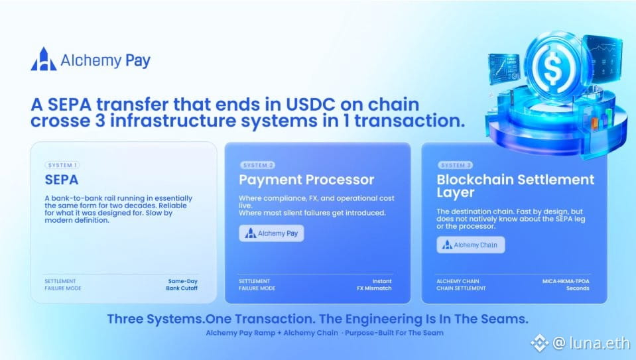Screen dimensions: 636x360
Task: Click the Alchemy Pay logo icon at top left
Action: tap(44, 59)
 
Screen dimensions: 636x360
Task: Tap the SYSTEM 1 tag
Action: tap(62, 165)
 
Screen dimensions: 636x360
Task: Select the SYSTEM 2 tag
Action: tap(257, 165)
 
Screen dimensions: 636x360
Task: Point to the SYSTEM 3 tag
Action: tap(456, 165)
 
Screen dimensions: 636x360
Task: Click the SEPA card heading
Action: tap(62, 180)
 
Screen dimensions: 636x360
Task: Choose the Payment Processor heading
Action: tap(306, 180)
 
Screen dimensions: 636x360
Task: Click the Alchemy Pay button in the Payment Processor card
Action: tap(271, 233)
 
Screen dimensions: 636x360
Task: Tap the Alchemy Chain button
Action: tap(471, 245)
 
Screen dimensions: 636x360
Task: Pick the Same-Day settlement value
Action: tap(182, 281)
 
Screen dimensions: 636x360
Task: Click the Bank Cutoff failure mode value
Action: tap(182, 288)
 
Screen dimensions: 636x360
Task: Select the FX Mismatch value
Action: tap(375, 288)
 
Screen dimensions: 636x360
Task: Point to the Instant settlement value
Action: tap(382, 281)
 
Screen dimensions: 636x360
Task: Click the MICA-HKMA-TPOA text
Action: tap(566, 281)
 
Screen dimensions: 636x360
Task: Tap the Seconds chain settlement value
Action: tap(578, 288)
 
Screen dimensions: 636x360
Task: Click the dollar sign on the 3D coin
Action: tap(552, 68)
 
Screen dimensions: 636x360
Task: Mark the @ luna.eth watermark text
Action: tap(592, 343)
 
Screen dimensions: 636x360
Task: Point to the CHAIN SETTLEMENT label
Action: tap(461, 288)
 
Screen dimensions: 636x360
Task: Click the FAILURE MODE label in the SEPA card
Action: tap(63, 288)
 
